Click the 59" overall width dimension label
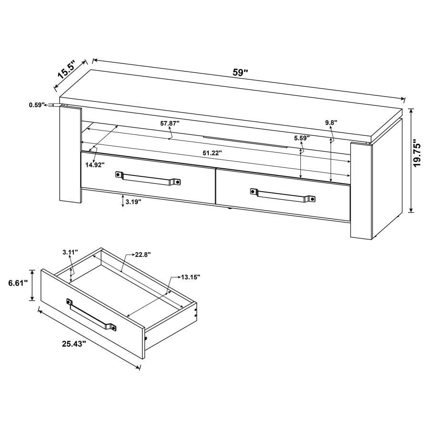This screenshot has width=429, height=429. [240, 73]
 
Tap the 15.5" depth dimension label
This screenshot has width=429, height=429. [67, 71]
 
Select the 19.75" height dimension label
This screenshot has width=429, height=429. [418, 153]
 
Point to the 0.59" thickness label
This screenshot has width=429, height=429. [36, 104]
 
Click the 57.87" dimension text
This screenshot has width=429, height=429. [170, 123]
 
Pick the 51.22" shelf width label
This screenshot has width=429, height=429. [211, 153]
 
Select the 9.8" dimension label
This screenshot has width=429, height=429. [331, 123]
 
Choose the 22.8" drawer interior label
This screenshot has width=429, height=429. [143, 255]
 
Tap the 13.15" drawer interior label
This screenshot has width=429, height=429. [190, 277]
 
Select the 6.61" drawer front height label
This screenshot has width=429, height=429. [18, 283]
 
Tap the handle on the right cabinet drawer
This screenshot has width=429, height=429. [283, 194]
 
